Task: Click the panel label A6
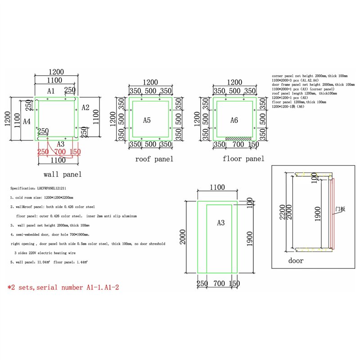click(234, 120)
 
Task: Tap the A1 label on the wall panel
click(51, 91)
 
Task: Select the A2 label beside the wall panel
click(85, 107)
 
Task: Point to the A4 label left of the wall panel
click(27, 121)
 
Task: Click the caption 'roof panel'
click(154, 159)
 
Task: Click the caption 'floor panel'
click(243, 159)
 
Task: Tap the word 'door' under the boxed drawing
click(296, 261)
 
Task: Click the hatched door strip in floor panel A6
click(238, 138)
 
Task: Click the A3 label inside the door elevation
click(220, 223)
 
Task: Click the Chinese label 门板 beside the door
click(340, 210)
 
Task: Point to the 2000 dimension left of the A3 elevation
click(184, 236)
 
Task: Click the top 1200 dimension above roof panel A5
click(149, 82)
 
